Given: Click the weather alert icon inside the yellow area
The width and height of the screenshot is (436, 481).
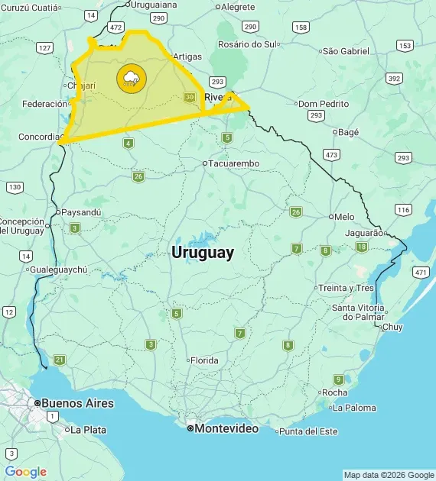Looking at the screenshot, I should tap(129, 78).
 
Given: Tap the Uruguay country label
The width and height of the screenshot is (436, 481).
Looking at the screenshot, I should tap(203, 253).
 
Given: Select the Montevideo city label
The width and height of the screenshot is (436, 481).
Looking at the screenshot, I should tap(226, 429).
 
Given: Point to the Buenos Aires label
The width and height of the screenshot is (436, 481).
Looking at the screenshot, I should tap(77, 403).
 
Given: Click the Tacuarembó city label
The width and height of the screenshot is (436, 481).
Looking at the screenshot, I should tap(234, 163).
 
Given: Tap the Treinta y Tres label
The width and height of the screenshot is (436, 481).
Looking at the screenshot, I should tap(346, 288).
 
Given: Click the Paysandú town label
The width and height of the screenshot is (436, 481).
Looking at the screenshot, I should tap(80, 212).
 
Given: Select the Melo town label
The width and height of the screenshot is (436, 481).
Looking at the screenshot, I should tap(344, 217).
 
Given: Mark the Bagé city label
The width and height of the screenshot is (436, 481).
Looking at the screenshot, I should tap(348, 132).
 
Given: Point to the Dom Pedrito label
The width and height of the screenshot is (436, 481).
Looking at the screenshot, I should tap(324, 104).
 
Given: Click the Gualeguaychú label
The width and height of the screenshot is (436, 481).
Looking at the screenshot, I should tap(59, 270).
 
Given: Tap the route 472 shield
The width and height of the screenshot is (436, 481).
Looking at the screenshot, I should tap(116, 27).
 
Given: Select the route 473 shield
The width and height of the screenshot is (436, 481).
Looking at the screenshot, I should tap(331, 154).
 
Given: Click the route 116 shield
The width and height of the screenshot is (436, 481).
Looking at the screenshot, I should tap(404, 209).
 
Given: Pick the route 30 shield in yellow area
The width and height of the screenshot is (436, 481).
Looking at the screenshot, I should tap(190, 96).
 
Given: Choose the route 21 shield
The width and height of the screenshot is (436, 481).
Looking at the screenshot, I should tap(60, 359).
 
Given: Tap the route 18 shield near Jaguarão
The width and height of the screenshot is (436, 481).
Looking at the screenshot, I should tap(362, 247).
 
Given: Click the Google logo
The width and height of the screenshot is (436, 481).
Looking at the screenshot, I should tap(26, 472).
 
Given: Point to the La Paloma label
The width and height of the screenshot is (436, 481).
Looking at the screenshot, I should tap(354, 408).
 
